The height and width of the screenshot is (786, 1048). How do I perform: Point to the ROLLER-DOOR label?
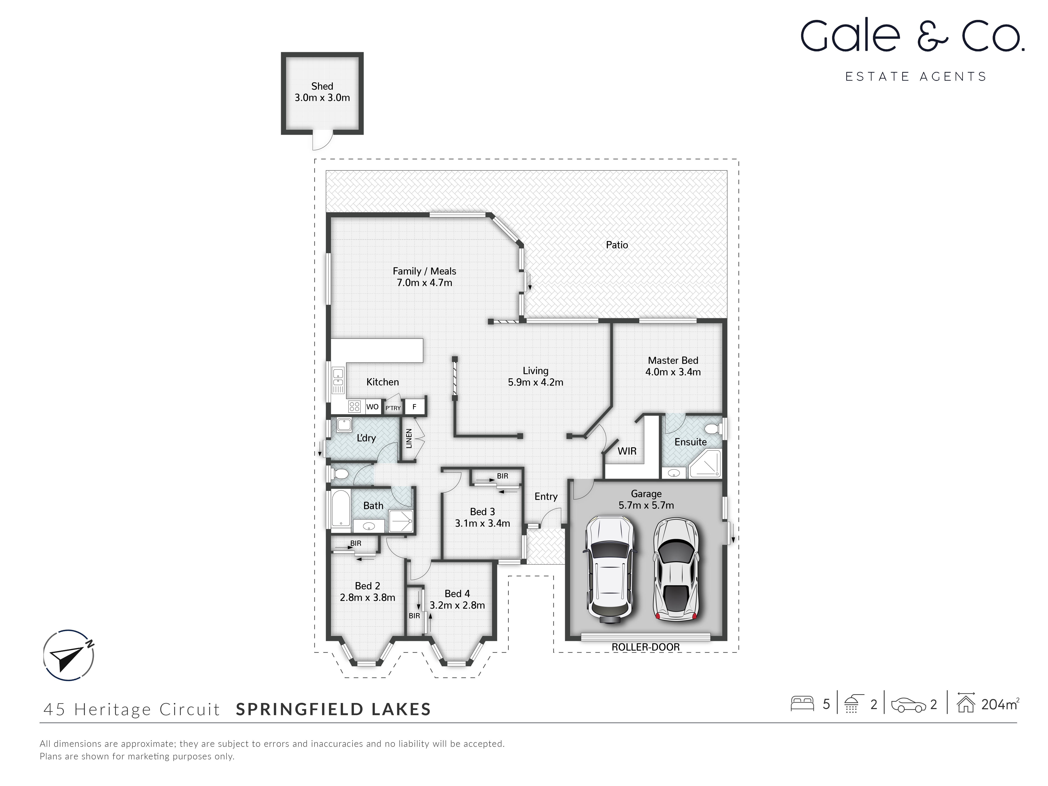(x=645, y=647)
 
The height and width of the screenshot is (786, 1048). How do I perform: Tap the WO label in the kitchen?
(x=372, y=406)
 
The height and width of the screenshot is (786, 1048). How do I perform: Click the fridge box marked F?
(x=415, y=406)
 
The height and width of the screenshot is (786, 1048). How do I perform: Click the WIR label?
(x=627, y=451)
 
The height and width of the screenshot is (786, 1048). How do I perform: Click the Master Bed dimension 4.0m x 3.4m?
(x=673, y=372)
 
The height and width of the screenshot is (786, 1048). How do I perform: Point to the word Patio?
(x=617, y=245)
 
